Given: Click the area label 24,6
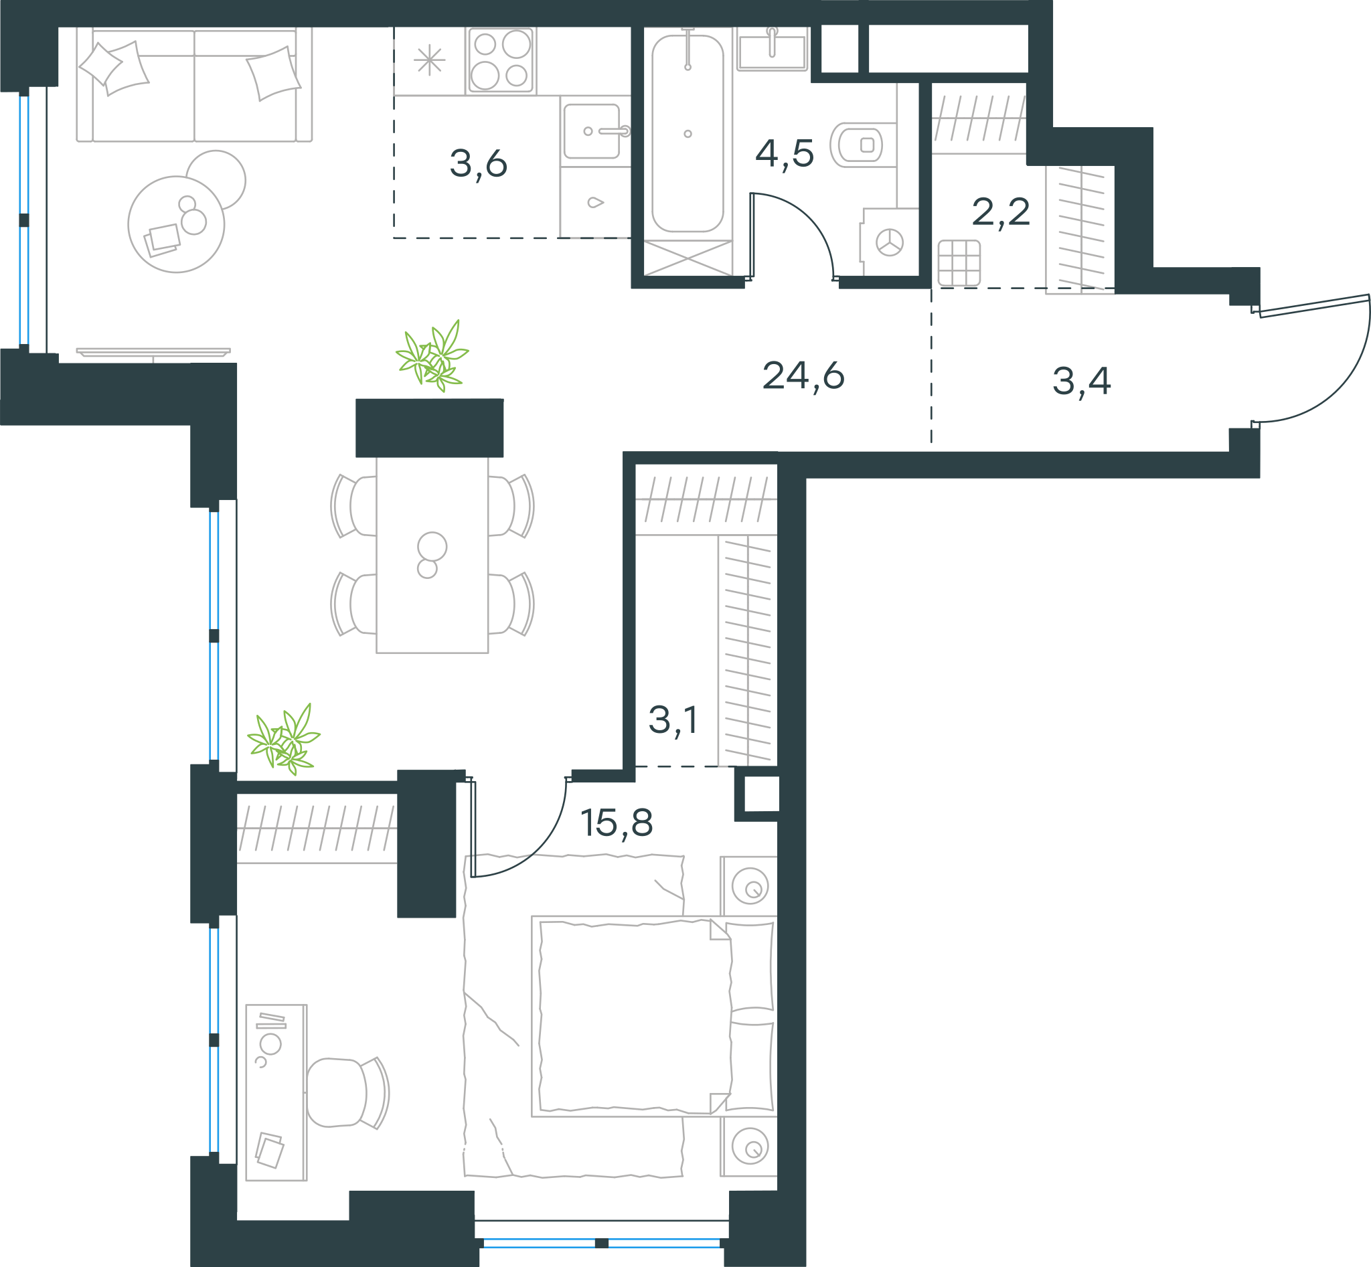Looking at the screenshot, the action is coord(803,376).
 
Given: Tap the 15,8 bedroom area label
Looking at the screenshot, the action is coord(617,823).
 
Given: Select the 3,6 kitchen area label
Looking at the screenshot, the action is coord(478,165).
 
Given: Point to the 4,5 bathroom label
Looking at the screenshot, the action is coord(785,153).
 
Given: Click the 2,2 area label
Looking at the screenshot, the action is coord(1001,213).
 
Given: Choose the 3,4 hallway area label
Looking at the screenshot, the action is coord(1082,382).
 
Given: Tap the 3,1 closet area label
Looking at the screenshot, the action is coord(673,721).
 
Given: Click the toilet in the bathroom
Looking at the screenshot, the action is coord(864,145).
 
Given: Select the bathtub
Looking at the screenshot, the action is coord(688,134).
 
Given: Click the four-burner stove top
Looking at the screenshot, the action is coord(501,60).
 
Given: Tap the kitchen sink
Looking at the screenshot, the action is coord(592,131).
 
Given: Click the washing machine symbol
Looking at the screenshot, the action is coord(890,242).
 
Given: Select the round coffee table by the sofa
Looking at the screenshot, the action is coord(176,224).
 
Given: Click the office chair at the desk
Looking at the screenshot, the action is coord(347,1092).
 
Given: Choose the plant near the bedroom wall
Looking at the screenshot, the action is coord(283,740).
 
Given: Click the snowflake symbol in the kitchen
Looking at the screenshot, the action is coord(430,60).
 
